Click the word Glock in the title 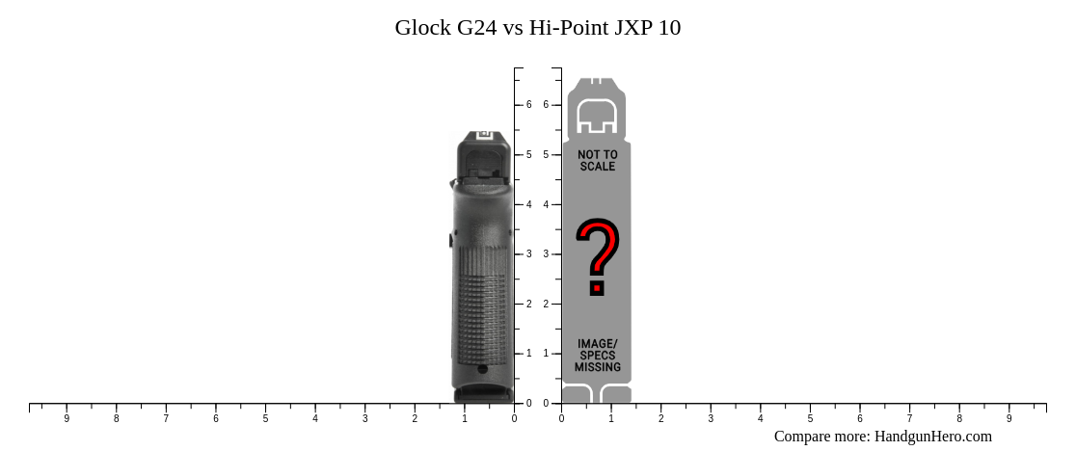tap(422, 28)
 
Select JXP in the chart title tap(633, 28)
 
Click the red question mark tap(598, 256)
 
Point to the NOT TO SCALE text tap(598, 160)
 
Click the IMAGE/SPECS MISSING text tap(598, 356)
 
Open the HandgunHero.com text tap(932, 437)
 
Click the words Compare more tap(821, 437)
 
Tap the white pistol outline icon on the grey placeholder tap(597, 116)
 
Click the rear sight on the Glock tap(484, 136)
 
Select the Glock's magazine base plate tap(483, 394)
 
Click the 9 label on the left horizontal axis tap(67, 418)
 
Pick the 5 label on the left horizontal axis tap(265, 418)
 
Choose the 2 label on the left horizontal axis tap(415, 418)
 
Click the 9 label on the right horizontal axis tap(1009, 418)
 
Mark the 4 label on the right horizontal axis tap(761, 418)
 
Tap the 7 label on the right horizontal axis tap(910, 418)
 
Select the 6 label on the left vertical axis tap(529, 104)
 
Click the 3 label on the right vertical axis tap(546, 254)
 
